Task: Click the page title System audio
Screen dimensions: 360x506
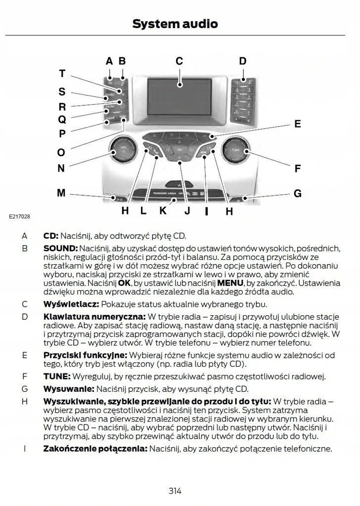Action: pos(175,23)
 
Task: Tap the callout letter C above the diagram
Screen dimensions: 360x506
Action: pos(179,61)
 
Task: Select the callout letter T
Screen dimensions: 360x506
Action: pos(62,74)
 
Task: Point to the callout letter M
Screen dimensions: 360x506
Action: pos(61,193)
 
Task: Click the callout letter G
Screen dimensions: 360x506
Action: pos(298,194)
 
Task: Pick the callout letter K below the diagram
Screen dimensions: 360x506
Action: pos(163,211)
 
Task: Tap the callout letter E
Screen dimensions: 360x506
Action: pos(298,124)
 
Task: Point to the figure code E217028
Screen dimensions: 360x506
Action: pos(19,217)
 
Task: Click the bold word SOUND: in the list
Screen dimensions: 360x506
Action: pos(60,248)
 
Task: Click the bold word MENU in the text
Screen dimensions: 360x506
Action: pos(230,283)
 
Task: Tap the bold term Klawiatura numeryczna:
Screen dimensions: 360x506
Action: pos(94,316)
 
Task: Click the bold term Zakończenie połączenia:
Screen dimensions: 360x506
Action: pos(95,449)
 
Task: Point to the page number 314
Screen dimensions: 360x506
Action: pos(175,491)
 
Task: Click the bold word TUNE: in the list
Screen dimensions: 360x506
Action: pos(57,377)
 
